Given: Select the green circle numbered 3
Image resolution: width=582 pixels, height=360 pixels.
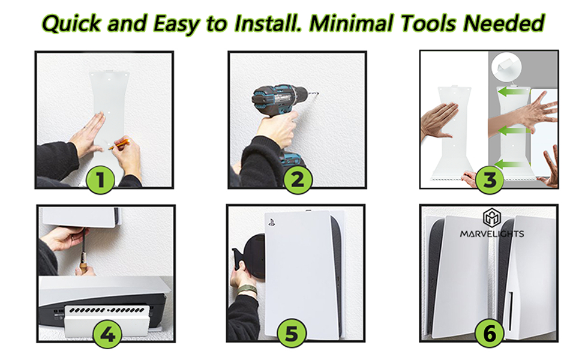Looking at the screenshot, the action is [490, 180].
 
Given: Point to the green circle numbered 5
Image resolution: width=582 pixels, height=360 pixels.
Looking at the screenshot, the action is [292, 333].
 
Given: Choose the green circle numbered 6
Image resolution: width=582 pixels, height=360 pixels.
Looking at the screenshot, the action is [490, 333].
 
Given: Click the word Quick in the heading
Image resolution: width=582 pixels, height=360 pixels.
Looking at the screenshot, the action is [71, 23].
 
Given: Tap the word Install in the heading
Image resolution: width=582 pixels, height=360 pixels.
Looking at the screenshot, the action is [268, 23].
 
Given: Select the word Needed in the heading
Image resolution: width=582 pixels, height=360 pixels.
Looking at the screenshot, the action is [503, 23].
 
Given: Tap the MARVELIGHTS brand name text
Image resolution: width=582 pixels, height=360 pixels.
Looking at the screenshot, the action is [492, 234].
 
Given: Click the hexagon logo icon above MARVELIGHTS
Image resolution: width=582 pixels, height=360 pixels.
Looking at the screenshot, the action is [492, 217].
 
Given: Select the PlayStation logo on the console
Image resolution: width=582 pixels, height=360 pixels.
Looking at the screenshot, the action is [271, 223].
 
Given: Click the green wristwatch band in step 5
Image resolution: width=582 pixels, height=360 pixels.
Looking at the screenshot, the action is [247, 289].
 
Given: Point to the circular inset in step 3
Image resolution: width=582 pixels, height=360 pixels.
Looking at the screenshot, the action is [506, 67].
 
